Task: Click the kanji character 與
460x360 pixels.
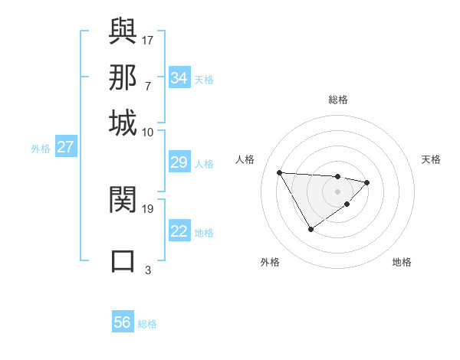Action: pos(123,31)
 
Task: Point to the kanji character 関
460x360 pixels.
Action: pos(123,200)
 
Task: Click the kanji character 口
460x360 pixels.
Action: pos(123,260)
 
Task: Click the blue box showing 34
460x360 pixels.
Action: pos(179,78)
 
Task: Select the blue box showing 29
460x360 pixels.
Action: pos(179,162)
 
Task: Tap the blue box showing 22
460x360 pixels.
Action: pos(179,231)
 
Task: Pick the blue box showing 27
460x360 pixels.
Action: pos(65,147)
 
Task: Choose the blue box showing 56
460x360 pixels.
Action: pos(123,322)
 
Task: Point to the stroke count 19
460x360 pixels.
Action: pos(148,208)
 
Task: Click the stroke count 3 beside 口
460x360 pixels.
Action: pos(148,270)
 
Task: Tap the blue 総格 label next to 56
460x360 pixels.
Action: pos(147,324)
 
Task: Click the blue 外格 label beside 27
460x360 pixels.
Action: pos(41,149)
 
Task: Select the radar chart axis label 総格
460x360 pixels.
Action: pos(337,100)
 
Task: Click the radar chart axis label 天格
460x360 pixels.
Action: pos(432,159)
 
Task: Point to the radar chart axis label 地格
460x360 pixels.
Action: pos(402,262)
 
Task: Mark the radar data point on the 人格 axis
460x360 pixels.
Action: pos(280,172)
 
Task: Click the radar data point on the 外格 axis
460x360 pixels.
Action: pos(310,229)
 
